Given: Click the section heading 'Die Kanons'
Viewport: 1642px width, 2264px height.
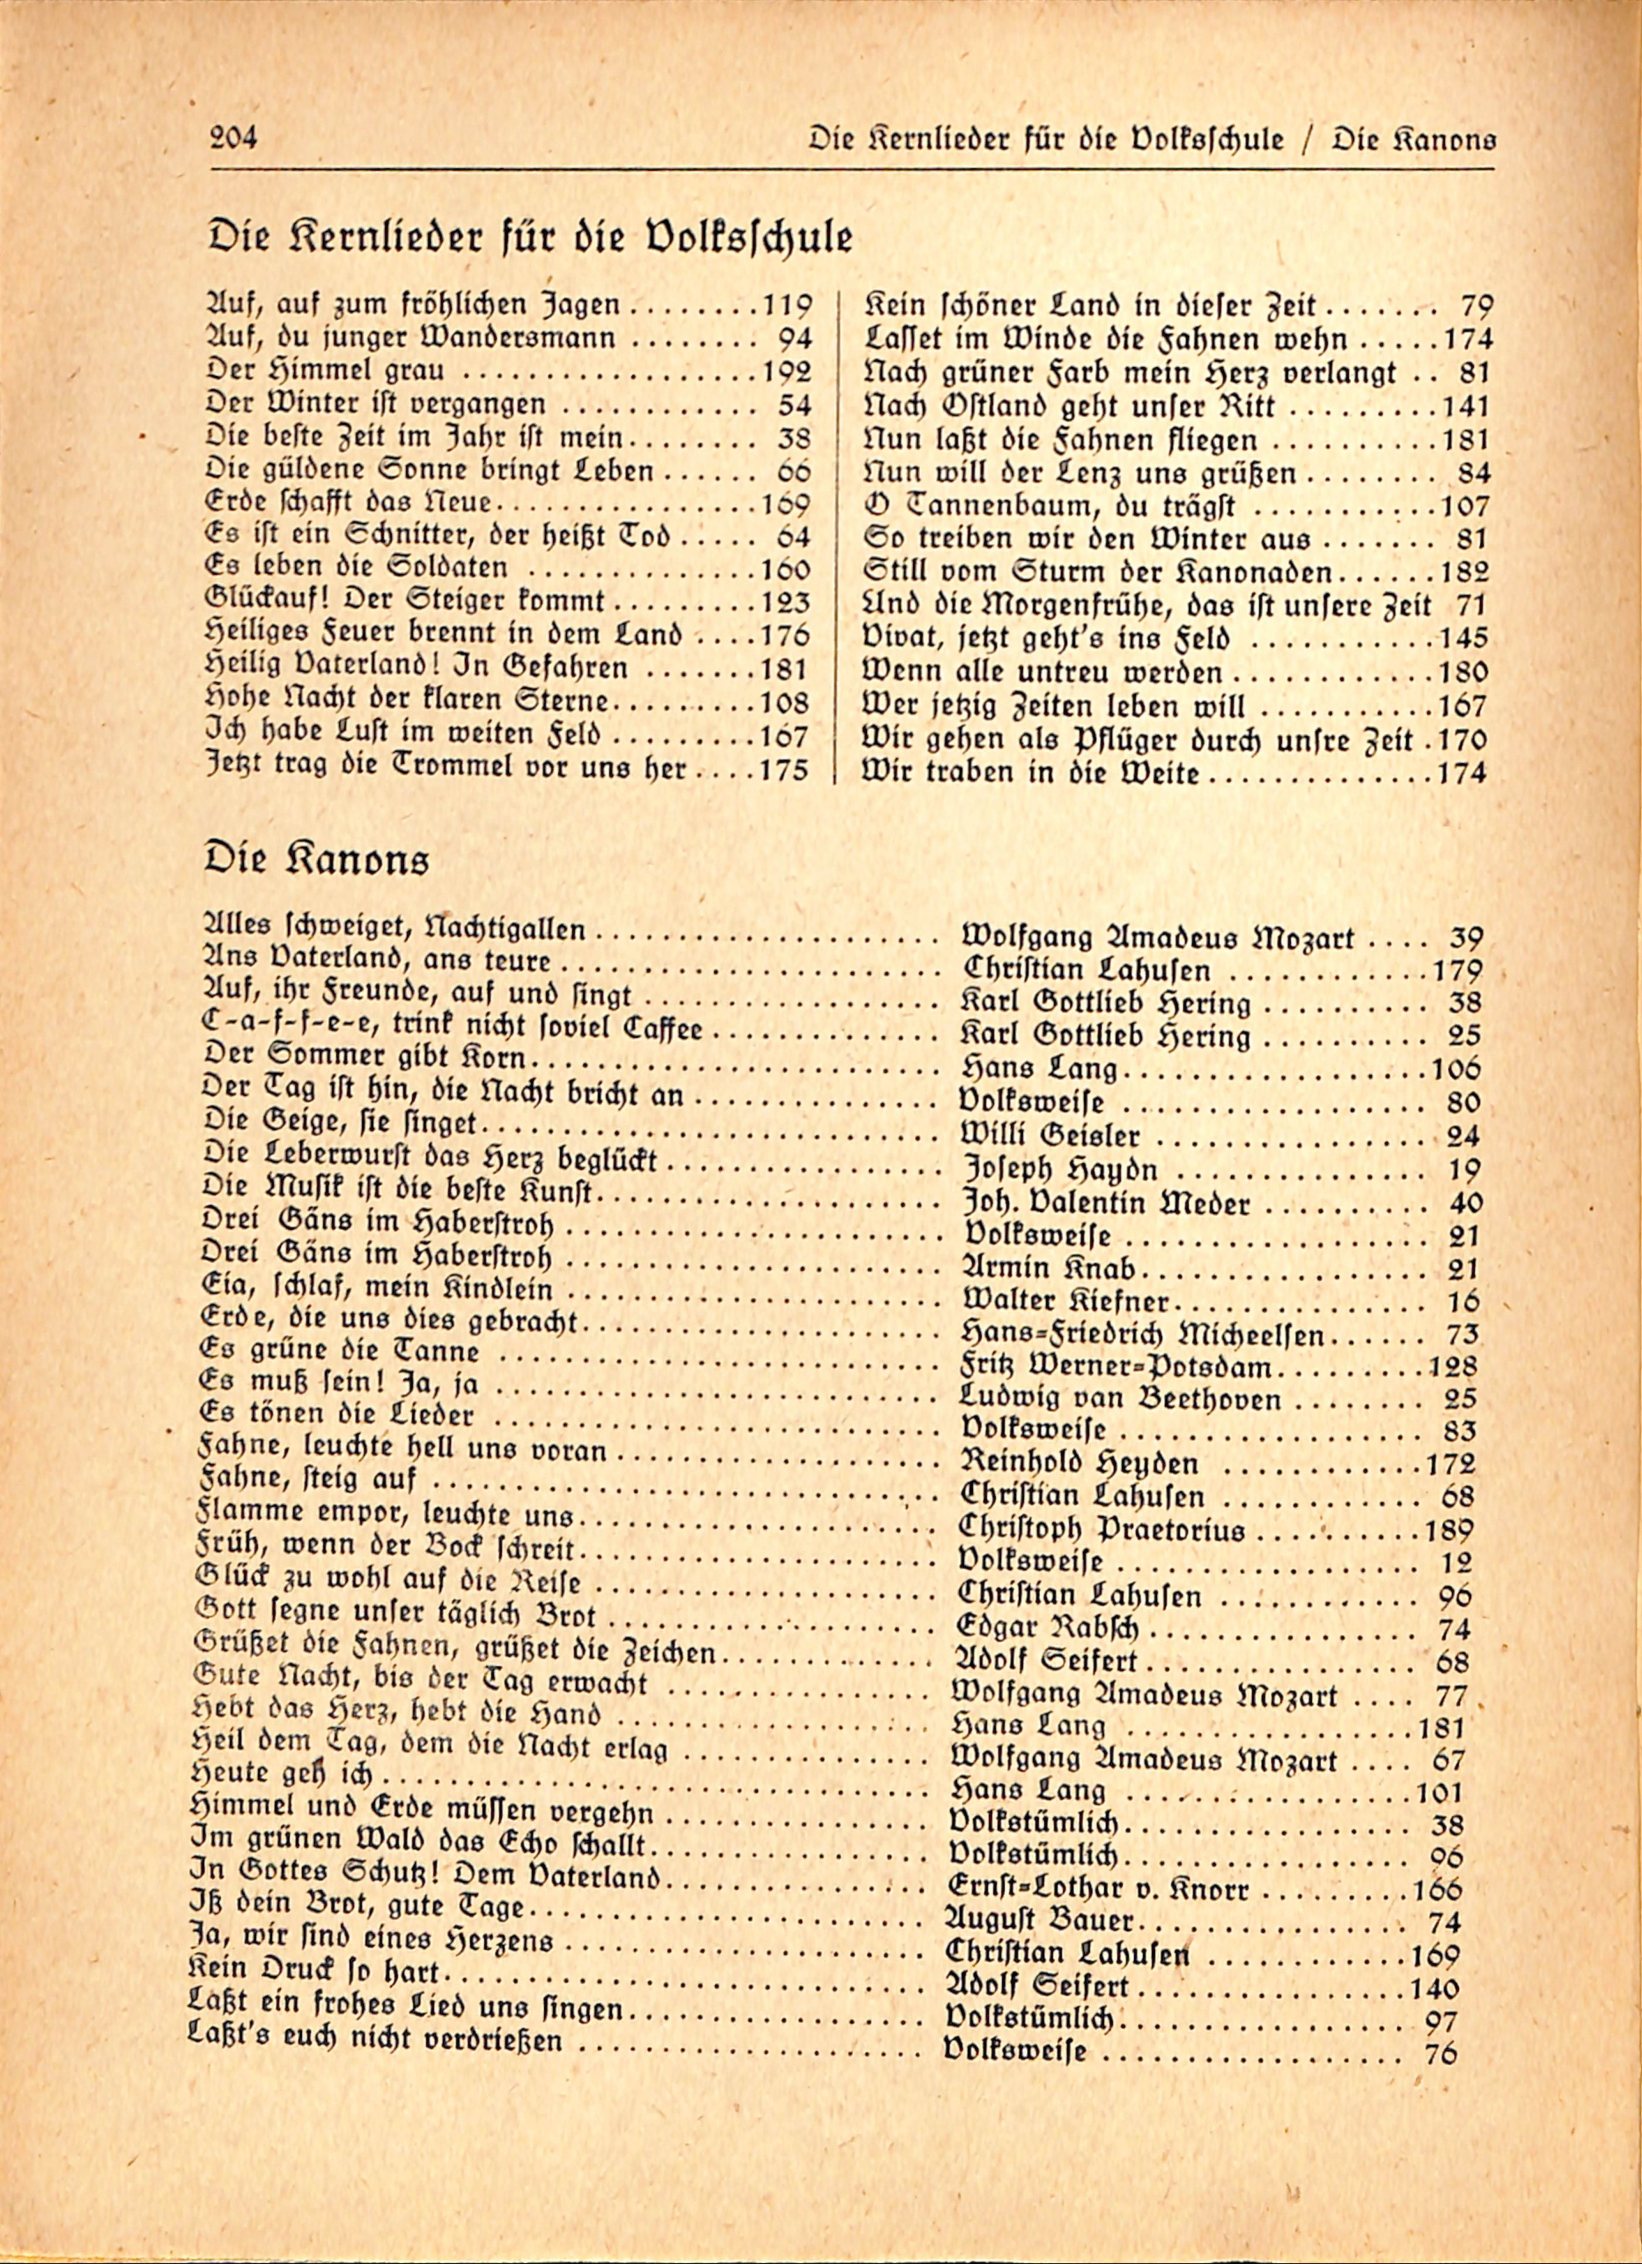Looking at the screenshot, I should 317,858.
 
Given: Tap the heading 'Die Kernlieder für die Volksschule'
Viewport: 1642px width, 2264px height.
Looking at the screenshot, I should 529,237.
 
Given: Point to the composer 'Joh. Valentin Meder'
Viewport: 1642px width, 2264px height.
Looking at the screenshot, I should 1105,1203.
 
